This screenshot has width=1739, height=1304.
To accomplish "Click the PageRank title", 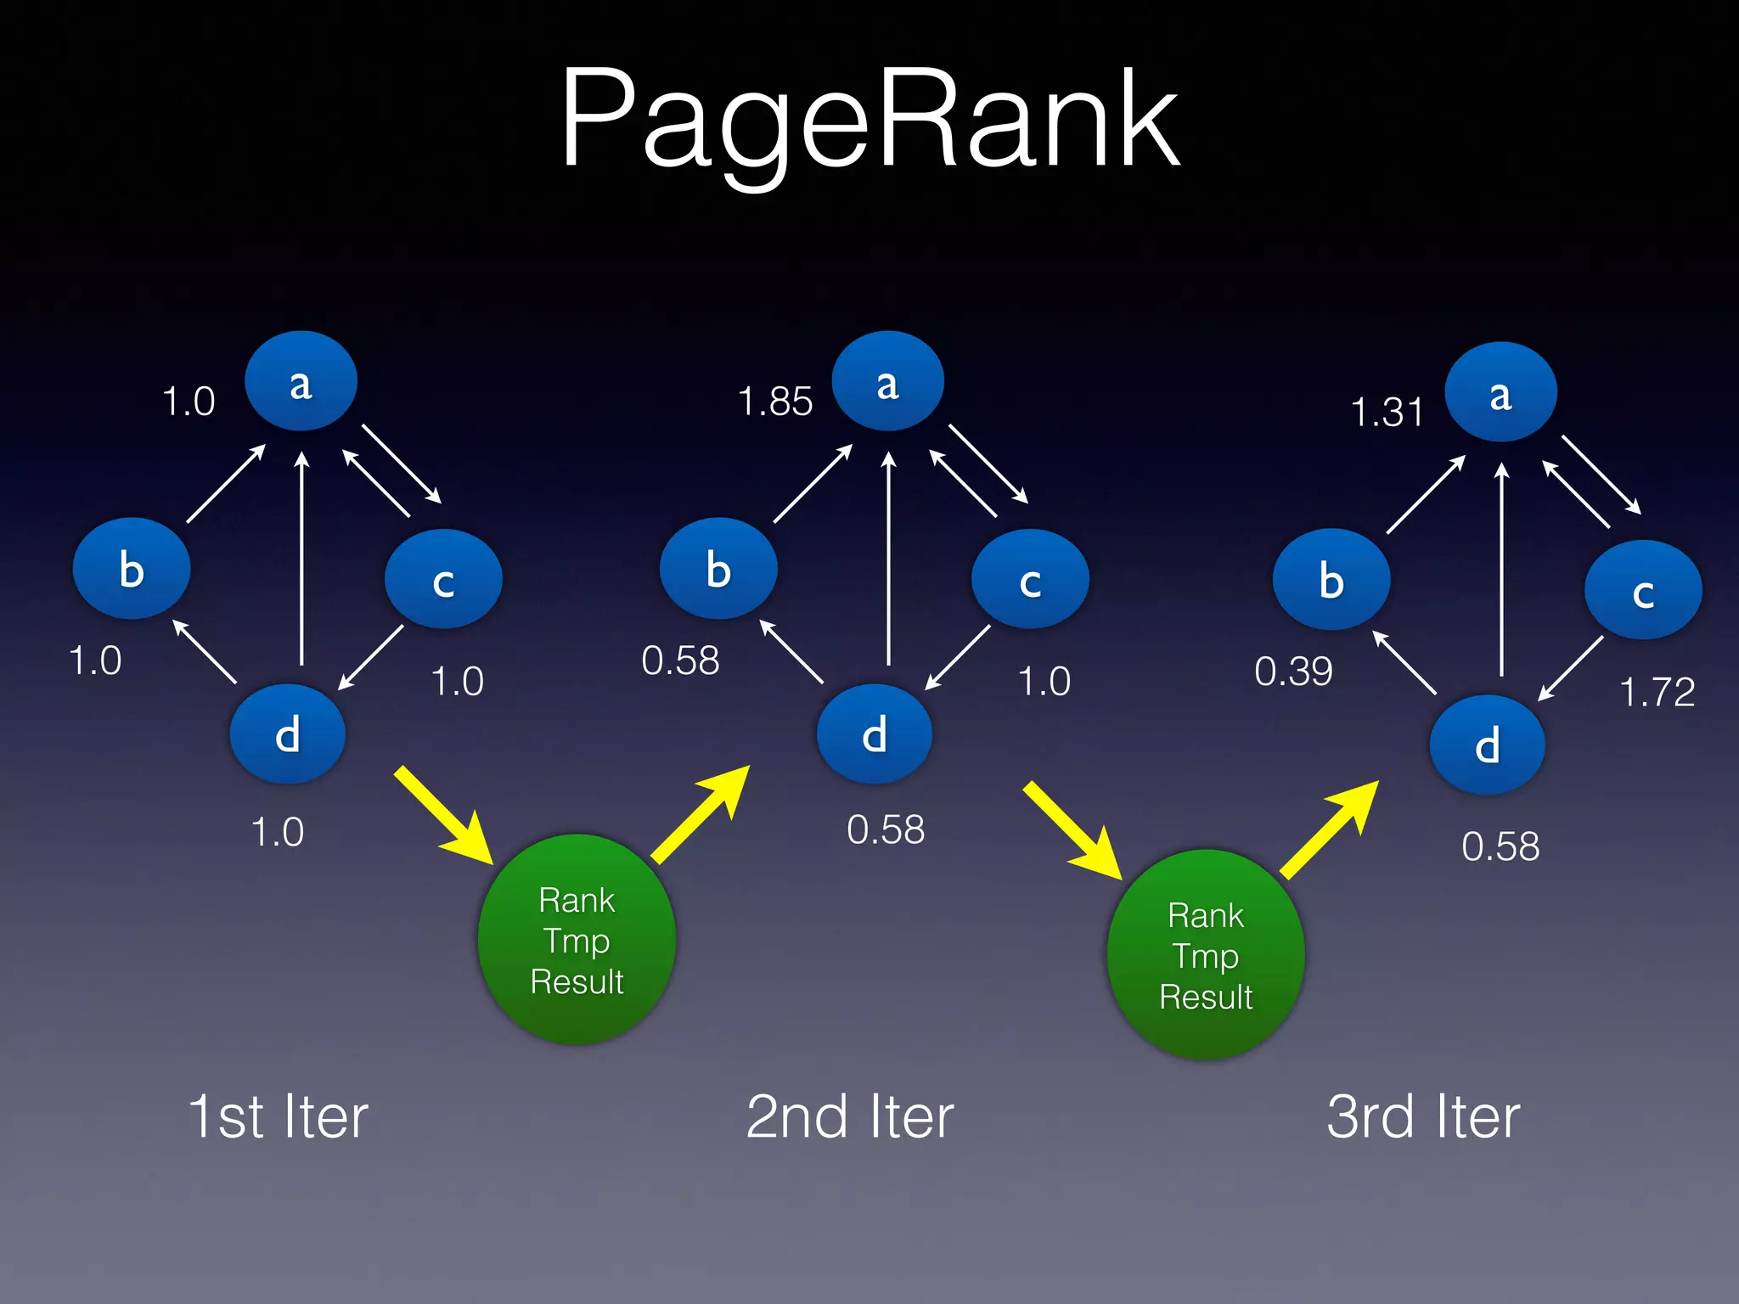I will (x=869, y=119).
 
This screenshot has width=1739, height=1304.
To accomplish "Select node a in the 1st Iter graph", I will (x=301, y=381).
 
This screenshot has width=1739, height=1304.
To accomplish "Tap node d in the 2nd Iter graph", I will (x=875, y=733).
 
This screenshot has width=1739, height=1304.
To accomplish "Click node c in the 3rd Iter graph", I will (x=1643, y=590).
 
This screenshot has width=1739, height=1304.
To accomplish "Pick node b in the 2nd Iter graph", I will (x=718, y=568).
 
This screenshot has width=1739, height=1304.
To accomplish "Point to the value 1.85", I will (x=774, y=402).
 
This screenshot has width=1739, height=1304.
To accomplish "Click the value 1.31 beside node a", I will (x=1387, y=413).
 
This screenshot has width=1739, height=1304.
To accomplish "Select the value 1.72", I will (x=1657, y=692).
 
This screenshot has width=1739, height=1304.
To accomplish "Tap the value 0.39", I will (x=1293, y=672).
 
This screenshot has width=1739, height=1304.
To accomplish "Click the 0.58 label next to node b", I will (x=680, y=660).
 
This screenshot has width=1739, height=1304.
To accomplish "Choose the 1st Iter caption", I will (x=278, y=1116).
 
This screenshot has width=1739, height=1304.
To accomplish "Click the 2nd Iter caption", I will (x=850, y=1116).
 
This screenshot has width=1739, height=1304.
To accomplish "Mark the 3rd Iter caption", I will (x=1423, y=1116).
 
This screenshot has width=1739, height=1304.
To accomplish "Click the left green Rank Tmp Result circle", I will (x=577, y=940).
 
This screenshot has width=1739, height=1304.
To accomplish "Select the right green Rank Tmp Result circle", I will (x=1206, y=955).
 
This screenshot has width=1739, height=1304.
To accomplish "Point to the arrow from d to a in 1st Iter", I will (x=301, y=560).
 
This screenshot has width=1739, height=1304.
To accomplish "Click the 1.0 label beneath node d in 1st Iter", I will (x=277, y=832).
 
